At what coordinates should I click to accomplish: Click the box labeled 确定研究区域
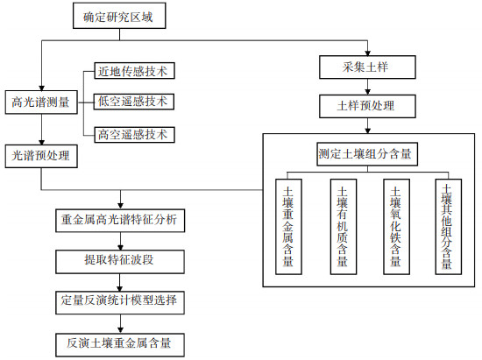(119, 16)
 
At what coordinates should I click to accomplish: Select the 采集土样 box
(367, 67)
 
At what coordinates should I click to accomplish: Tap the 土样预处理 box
(367, 106)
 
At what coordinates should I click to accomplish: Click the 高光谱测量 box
(41, 102)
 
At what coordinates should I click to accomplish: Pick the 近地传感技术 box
(134, 71)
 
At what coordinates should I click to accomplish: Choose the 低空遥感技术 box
(134, 102)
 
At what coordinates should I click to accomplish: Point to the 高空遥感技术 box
(134, 135)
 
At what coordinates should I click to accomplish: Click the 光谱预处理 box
(41, 156)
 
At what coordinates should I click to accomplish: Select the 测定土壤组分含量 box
(367, 154)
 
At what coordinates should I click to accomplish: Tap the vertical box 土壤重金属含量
(288, 227)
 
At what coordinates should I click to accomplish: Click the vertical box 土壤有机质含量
(344, 227)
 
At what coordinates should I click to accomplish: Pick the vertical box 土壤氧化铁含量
(396, 227)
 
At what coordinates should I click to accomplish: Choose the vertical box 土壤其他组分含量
(449, 227)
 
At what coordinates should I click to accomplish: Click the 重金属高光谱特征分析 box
(120, 221)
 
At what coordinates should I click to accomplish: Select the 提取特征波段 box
(120, 262)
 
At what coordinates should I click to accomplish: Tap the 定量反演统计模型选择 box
(120, 302)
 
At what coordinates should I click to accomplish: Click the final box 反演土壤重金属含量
(120, 344)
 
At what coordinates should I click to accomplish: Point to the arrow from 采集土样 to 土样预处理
(368, 87)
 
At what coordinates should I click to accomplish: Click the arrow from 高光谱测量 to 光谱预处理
(41, 130)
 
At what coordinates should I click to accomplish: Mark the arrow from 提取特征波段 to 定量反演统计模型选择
(120, 282)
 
